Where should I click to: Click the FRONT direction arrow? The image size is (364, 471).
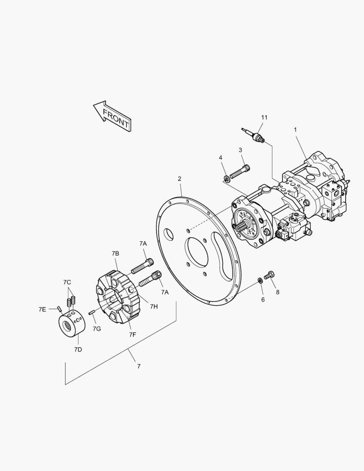tap(112, 116)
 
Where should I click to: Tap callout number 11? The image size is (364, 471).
tap(264, 117)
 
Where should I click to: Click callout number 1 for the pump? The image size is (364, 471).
tap(295, 130)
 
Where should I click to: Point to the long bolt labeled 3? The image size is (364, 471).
tap(240, 171)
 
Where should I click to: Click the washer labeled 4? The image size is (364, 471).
tap(227, 179)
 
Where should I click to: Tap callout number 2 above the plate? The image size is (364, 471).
tap(180, 179)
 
